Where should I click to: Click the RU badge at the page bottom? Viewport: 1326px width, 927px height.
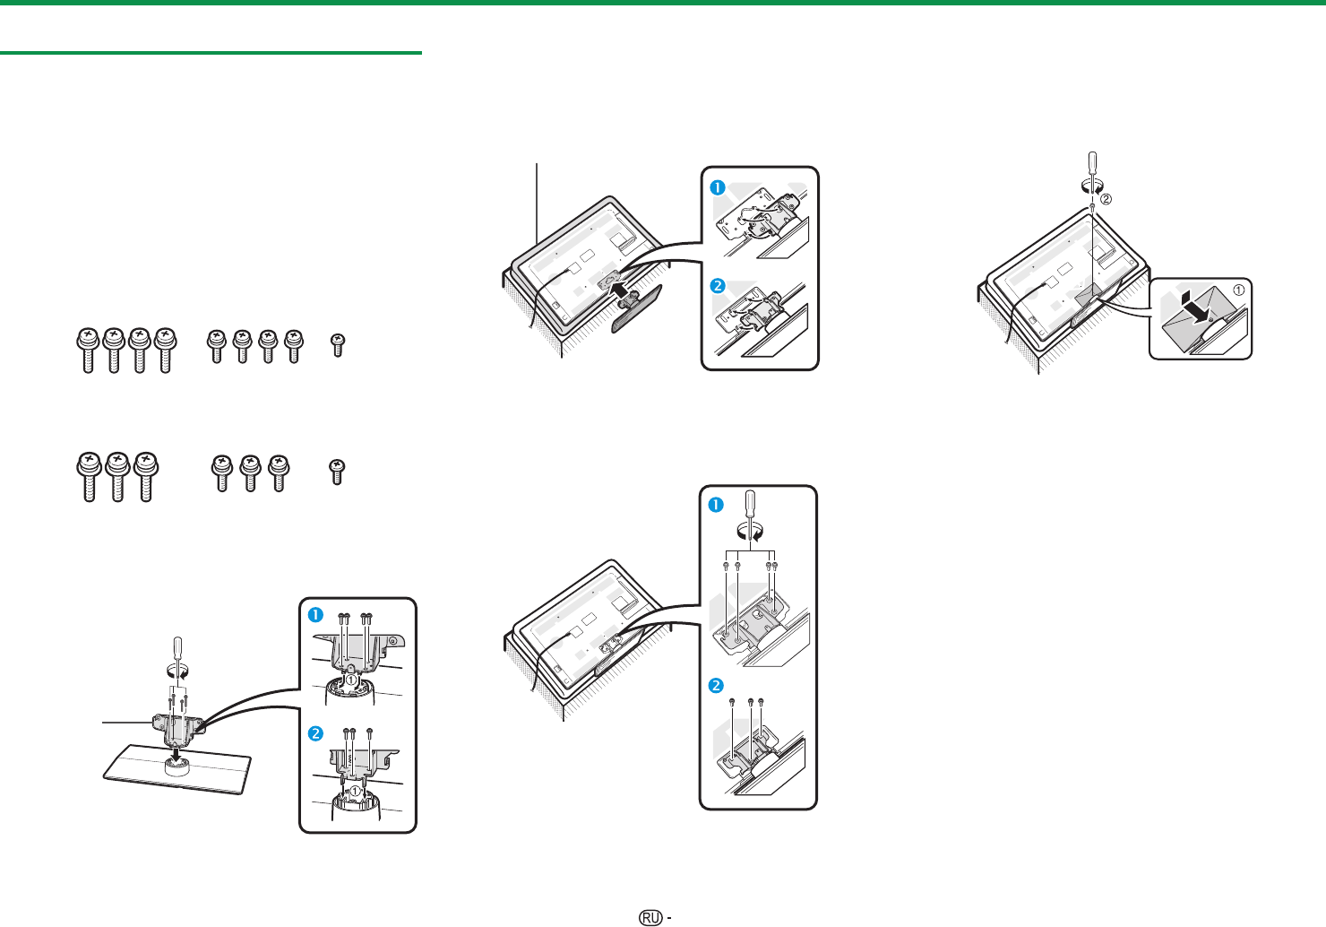(650, 917)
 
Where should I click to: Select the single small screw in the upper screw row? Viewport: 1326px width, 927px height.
(338, 345)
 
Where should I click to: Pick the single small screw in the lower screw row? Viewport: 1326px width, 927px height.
(337, 472)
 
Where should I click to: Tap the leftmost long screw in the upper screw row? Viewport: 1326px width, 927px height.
(88, 350)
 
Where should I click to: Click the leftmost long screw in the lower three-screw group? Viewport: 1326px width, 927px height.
(90, 477)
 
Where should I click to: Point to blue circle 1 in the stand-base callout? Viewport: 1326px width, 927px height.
(315, 615)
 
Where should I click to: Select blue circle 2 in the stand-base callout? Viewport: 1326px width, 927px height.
(315, 734)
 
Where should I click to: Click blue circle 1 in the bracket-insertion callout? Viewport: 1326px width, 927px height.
(718, 187)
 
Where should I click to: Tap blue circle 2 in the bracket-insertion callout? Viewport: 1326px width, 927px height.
(718, 286)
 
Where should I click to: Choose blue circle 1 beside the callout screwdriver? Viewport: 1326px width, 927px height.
(716, 506)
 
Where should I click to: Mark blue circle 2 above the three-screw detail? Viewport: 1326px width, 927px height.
(716, 686)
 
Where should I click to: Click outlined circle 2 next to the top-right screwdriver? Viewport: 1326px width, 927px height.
(1106, 199)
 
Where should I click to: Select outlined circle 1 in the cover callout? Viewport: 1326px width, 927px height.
(1238, 290)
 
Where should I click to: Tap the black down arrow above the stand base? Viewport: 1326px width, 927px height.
(176, 755)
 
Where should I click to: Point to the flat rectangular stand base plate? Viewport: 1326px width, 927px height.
(177, 769)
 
